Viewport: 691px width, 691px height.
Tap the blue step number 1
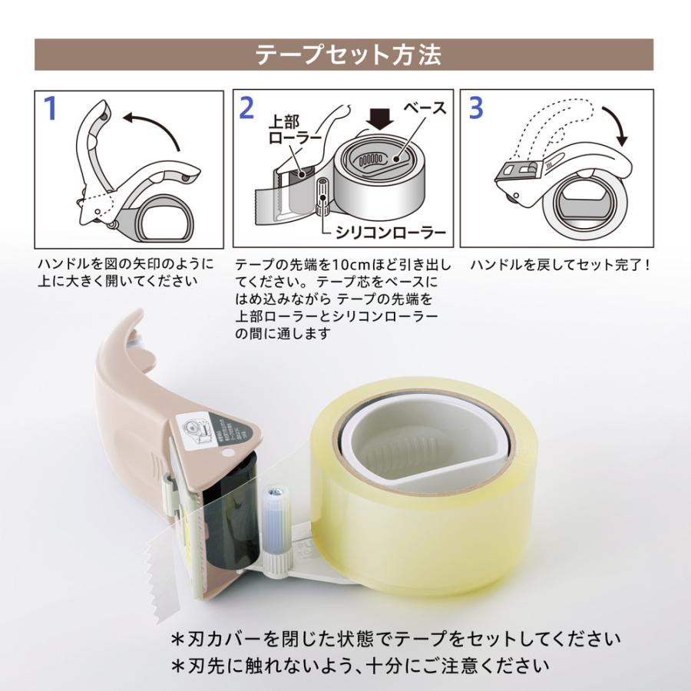coord(51,109)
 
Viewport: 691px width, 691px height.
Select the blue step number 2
coord(246,108)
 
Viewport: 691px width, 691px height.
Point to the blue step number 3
coord(476,108)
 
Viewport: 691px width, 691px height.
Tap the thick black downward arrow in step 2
coord(380,117)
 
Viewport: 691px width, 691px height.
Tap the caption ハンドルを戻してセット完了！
coord(561,265)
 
